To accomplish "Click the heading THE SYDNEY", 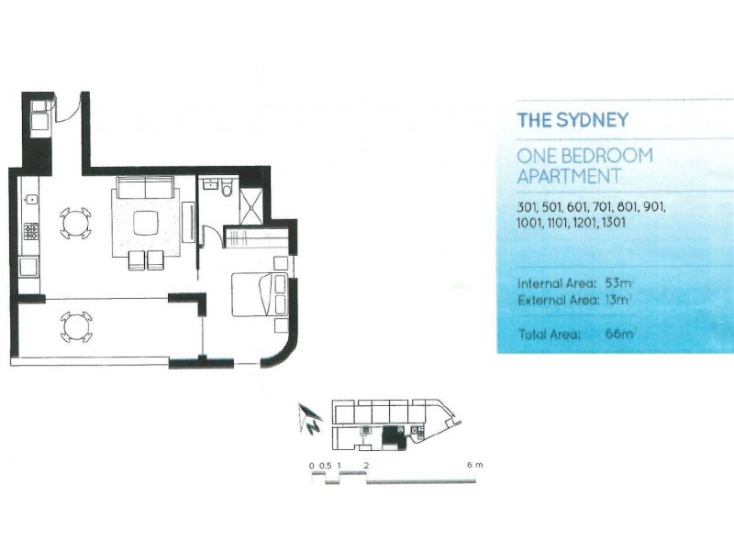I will (573, 120).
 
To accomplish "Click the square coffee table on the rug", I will (146, 223).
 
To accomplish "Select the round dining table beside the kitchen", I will (75, 223).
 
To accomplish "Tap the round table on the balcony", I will (75, 325).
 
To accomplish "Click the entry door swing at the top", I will (66, 110).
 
